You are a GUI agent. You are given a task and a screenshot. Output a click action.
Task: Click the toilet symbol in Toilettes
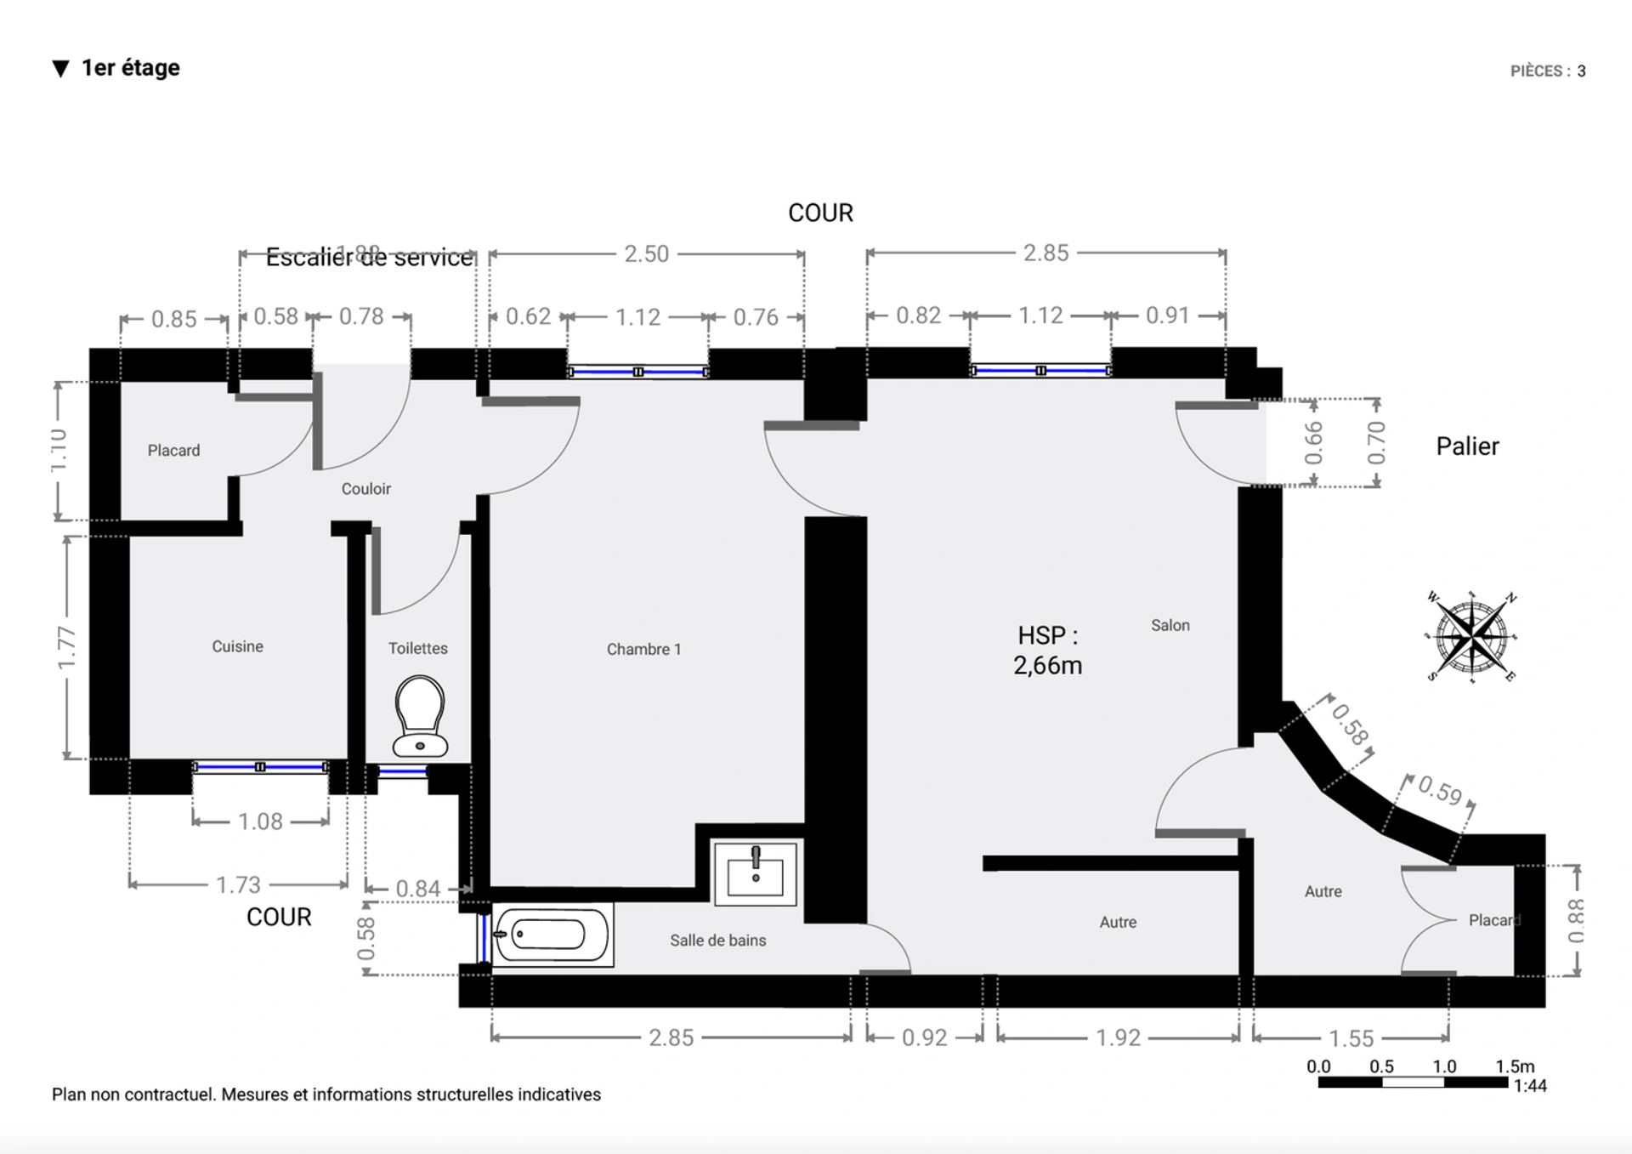click(420, 716)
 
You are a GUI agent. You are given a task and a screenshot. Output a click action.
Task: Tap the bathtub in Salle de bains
click(551, 935)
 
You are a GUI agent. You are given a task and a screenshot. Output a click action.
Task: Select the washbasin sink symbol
click(755, 873)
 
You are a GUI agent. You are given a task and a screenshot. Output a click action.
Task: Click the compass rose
click(1472, 637)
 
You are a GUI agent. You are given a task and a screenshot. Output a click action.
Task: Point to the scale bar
click(1413, 1082)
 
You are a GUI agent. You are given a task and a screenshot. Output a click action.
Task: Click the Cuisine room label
click(237, 646)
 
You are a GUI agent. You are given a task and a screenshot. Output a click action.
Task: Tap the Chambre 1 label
click(643, 649)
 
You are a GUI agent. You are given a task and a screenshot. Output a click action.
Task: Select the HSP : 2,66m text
click(1047, 651)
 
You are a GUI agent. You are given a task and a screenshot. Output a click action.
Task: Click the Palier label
click(1467, 446)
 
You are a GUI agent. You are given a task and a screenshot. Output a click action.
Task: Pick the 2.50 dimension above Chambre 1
click(646, 253)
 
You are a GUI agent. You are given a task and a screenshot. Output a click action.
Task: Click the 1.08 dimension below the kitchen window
click(260, 821)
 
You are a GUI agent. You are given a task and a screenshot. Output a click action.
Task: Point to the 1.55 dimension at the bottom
click(1351, 1037)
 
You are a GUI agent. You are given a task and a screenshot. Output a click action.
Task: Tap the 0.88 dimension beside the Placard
click(1576, 921)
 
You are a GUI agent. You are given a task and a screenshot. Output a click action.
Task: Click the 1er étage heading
click(129, 68)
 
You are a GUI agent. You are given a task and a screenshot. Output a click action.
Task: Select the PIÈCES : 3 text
click(1547, 71)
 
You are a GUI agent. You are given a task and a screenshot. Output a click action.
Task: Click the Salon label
click(1170, 625)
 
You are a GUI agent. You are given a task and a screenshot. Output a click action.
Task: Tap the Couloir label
click(365, 489)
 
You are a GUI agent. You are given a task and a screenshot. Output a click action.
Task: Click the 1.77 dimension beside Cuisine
click(66, 647)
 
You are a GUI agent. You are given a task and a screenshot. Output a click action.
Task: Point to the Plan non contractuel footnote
click(326, 1094)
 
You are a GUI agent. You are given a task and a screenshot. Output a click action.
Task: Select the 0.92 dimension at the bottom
click(924, 1037)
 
